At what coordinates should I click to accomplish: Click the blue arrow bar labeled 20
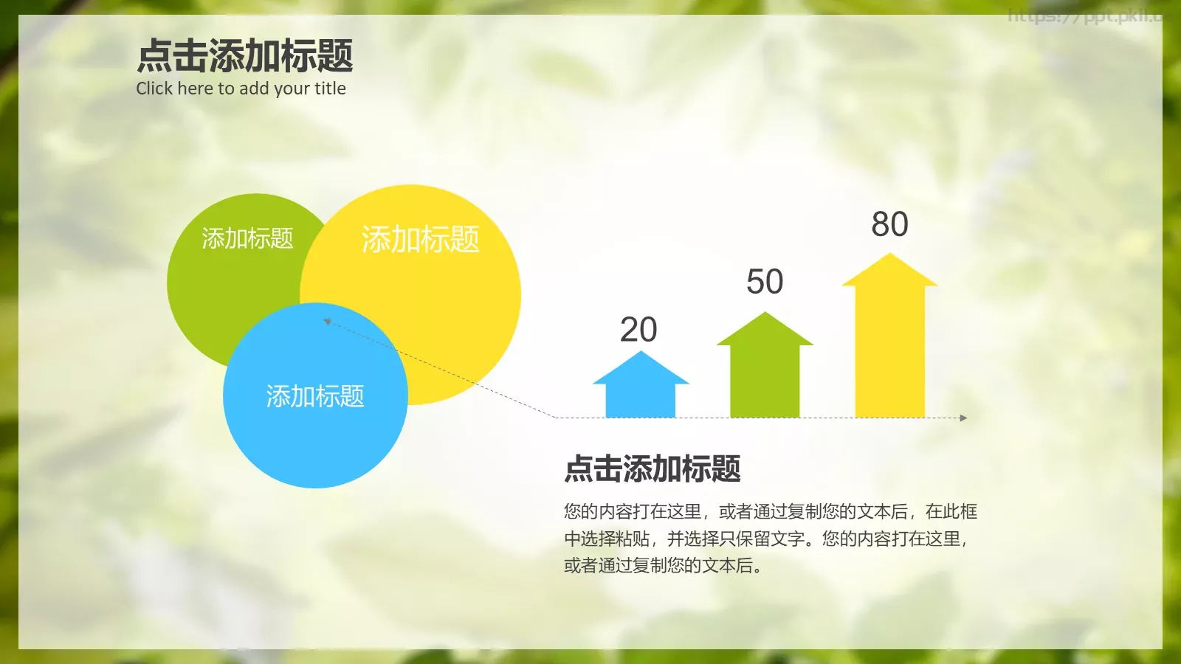[x=640, y=395]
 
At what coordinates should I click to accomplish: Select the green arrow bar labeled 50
[x=765, y=376]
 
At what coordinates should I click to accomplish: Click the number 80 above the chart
[x=889, y=224]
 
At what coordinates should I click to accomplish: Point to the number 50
[x=765, y=282]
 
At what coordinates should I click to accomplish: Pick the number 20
[x=638, y=330]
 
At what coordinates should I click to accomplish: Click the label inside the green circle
[x=247, y=238]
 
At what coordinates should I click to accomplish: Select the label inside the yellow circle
[x=420, y=240]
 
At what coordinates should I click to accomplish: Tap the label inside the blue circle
[x=315, y=396]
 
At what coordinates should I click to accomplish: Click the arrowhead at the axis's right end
[x=963, y=418]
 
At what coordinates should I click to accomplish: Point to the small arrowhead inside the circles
[x=327, y=321]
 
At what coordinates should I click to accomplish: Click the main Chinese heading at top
[x=245, y=56]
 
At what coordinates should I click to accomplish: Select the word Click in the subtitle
[x=154, y=89]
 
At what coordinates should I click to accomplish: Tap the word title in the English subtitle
[x=330, y=89]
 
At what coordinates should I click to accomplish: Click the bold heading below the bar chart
[x=653, y=469]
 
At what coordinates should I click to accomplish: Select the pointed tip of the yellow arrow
[x=889, y=256]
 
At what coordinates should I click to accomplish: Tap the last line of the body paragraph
[x=663, y=566]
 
